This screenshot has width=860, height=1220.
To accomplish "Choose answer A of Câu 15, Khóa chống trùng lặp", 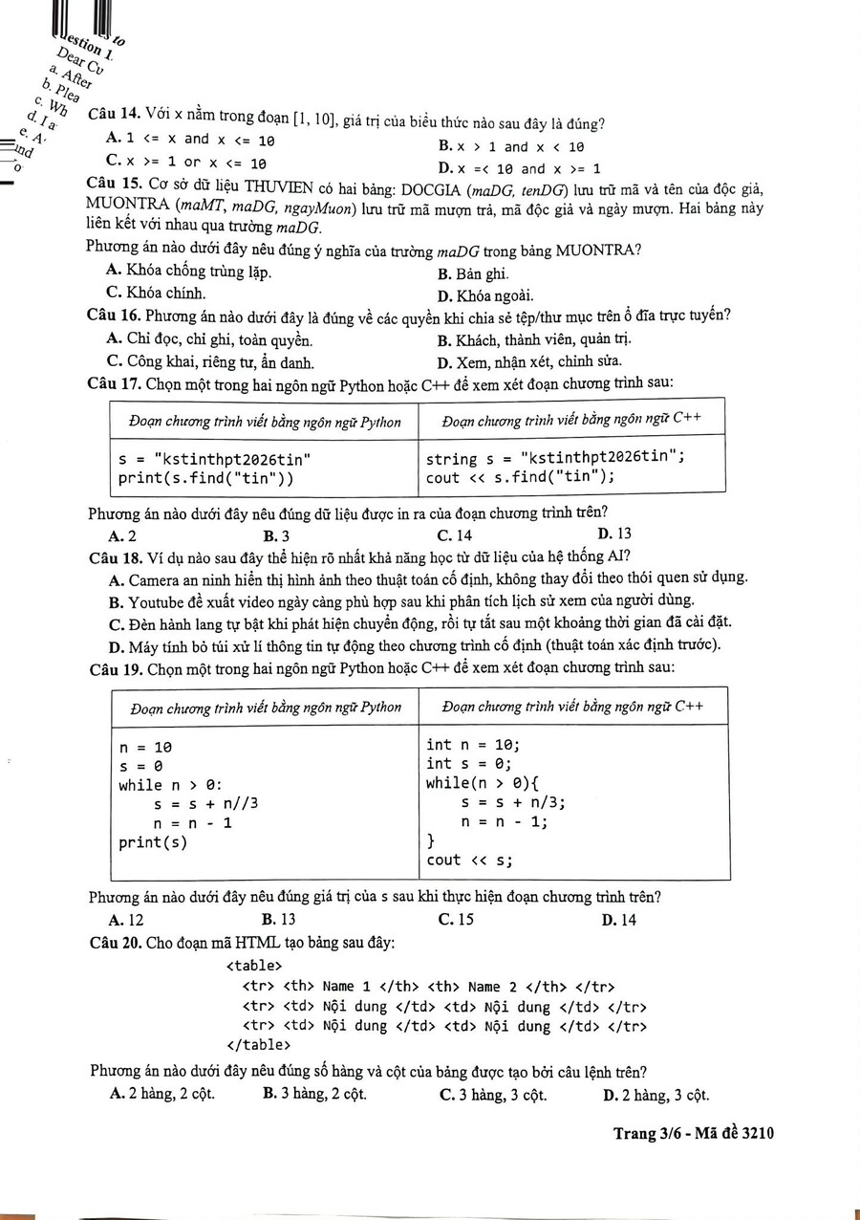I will click(189, 272).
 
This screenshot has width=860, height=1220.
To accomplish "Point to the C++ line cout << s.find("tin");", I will click(521, 477).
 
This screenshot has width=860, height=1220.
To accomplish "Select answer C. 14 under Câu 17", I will click(454, 534).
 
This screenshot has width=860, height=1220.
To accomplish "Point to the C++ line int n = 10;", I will click(472, 745).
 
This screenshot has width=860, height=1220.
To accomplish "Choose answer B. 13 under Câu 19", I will click(279, 920).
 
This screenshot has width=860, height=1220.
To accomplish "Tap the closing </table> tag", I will click(258, 1045).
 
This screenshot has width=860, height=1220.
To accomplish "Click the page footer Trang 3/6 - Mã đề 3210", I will click(693, 1133).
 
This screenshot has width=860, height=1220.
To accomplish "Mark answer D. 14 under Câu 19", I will click(619, 920).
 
